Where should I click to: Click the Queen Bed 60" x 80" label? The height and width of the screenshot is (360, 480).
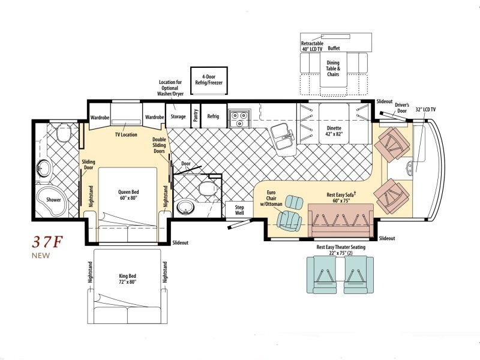point(128,194)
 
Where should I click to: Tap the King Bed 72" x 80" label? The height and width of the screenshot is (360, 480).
point(127,279)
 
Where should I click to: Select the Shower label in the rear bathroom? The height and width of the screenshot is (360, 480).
point(53,200)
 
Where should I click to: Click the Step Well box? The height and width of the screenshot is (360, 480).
point(239,210)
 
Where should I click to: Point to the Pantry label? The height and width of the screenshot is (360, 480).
point(196,115)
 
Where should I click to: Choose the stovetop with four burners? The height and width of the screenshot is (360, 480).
point(239,118)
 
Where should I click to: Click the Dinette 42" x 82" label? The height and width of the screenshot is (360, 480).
point(334,131)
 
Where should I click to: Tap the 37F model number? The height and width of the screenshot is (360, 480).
point(47,242)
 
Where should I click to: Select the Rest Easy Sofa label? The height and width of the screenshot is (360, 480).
point(341,198)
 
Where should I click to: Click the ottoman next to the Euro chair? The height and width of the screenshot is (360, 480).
point(294,202)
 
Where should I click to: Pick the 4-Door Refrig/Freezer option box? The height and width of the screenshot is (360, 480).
point(209,80)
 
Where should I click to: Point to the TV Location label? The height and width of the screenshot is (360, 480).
point(126,134)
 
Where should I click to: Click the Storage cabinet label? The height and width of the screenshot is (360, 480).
point(178,116)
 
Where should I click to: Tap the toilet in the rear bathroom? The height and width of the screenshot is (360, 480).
point(64,132)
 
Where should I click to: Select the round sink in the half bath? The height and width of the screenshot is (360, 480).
point(185,207)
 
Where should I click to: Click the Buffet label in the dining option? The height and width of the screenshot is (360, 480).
point(334,49)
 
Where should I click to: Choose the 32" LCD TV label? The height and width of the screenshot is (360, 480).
point(426,110)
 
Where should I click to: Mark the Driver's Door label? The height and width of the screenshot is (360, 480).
point(402,108)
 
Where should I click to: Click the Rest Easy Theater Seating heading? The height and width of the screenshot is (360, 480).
point(341,247)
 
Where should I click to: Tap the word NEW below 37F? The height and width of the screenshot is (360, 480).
point(41,256)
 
